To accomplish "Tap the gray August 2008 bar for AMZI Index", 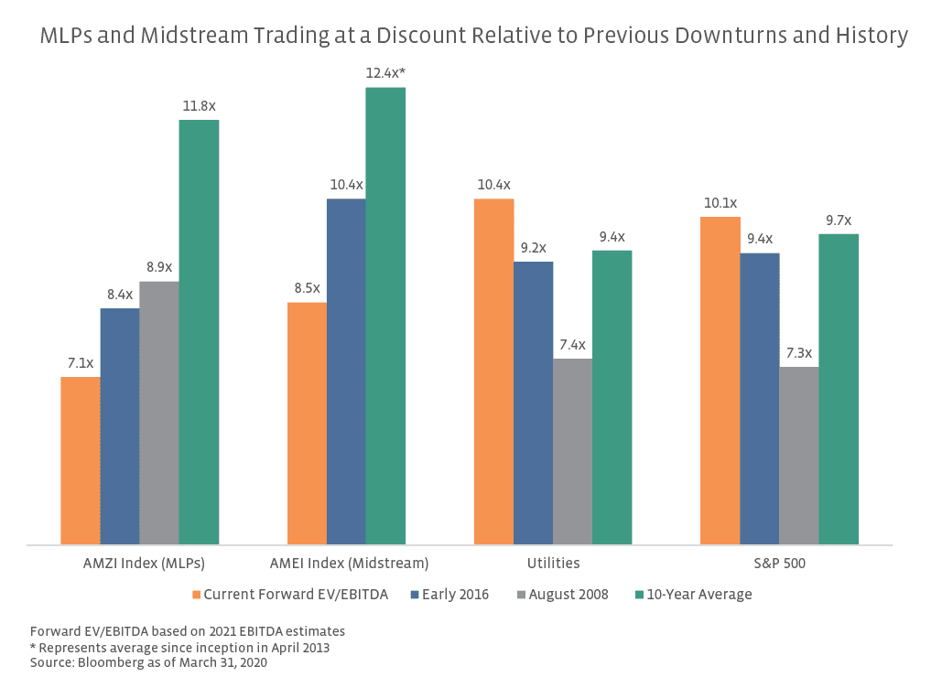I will (159, 413).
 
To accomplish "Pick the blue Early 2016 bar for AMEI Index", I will (346, 371).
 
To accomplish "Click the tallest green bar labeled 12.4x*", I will (385, 316).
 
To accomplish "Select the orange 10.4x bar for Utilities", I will (493, 371).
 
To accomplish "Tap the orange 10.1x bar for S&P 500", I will (720, 381).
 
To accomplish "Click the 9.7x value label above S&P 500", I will (838, 220).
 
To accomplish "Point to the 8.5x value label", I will (307, 289).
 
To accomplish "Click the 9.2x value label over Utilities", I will (533, 248).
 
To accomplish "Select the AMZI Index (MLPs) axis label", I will (138, 563).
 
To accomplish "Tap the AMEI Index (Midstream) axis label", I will (350, 563).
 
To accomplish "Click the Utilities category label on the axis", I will (552, 563).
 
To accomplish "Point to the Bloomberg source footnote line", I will (148, 662).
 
